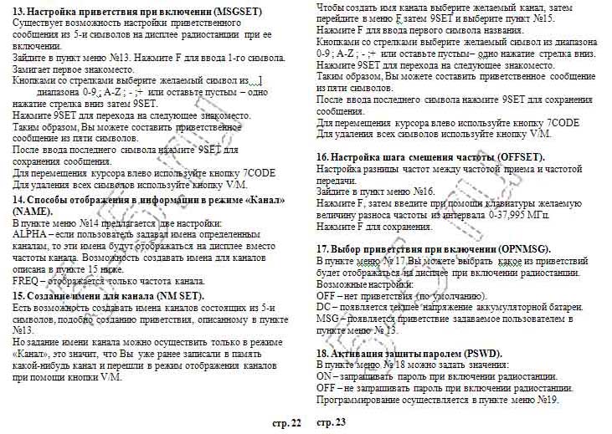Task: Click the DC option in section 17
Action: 325,307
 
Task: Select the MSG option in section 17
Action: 327,319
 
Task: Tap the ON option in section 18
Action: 326,376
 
